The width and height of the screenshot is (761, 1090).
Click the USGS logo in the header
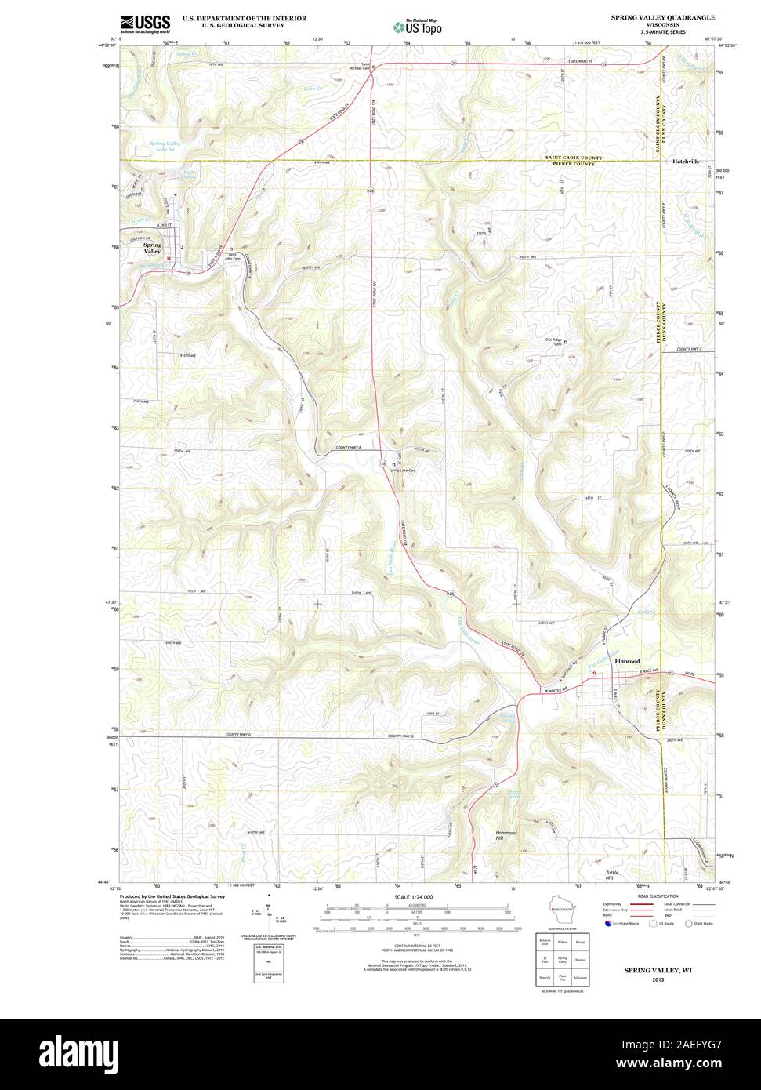tap(145, 24)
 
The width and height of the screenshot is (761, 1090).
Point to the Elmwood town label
tap(627, 661)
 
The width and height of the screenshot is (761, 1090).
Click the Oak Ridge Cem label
tap(553, 341)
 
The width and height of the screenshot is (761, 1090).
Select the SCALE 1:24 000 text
tap(415, 896)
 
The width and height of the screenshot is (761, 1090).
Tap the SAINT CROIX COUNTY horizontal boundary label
tap(574, 158)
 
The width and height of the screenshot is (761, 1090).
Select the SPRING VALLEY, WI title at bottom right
tap(652, 970)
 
